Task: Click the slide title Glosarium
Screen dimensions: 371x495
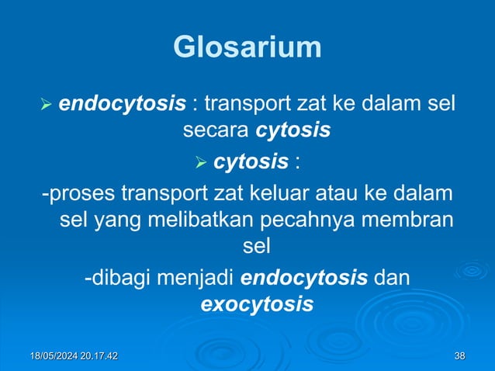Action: click(247, 48)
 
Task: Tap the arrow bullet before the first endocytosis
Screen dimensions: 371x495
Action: click(46, 104)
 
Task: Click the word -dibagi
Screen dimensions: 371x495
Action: click(114, 277)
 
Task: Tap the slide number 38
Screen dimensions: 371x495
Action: click(460, 356)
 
